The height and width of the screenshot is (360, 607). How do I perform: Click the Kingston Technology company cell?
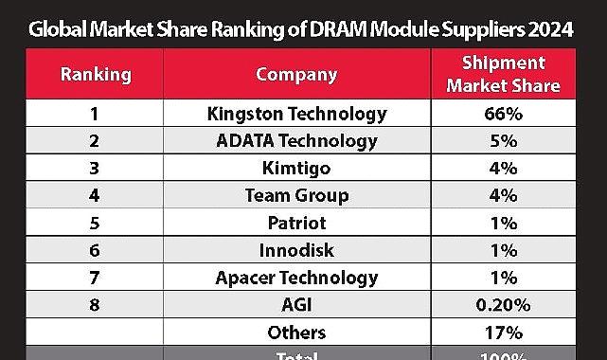(x=296, y=114)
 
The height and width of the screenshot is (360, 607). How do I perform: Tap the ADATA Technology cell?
(x=296, y=141)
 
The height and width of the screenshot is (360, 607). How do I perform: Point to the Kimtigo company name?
(x=296, y=169)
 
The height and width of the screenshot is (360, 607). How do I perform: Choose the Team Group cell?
(x=296, y=196)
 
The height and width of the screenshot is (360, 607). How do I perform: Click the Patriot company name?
(x=296, y=224)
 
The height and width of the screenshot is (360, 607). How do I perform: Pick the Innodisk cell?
(x=296, y=251)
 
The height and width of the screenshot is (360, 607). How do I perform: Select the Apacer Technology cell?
(x=296, y=279)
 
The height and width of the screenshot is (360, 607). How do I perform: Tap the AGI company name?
(x=296, y=305)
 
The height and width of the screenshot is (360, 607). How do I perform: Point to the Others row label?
(x=296, y=333)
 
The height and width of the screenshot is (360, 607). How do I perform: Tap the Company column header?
(x=296, y=74)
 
